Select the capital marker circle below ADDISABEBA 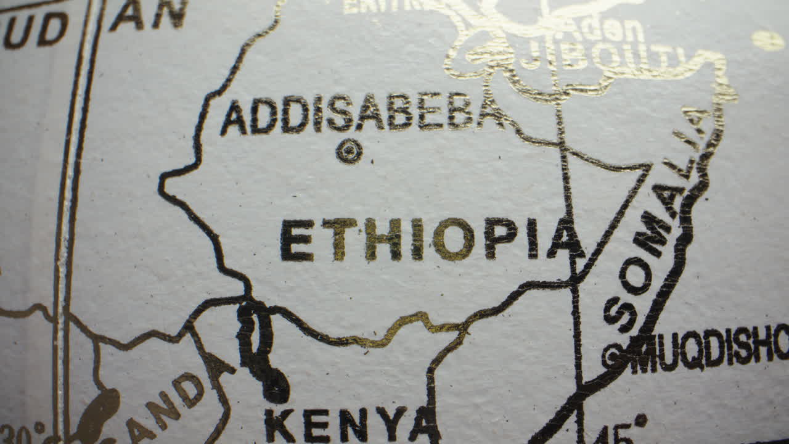coord(349,150)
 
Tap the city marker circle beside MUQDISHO coord(613,355)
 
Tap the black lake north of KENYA coord(262,351)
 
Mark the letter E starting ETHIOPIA coord(297,240)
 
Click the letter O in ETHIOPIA coord(453,239)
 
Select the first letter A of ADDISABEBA coord(234,118)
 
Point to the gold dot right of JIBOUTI coord(767,41)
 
